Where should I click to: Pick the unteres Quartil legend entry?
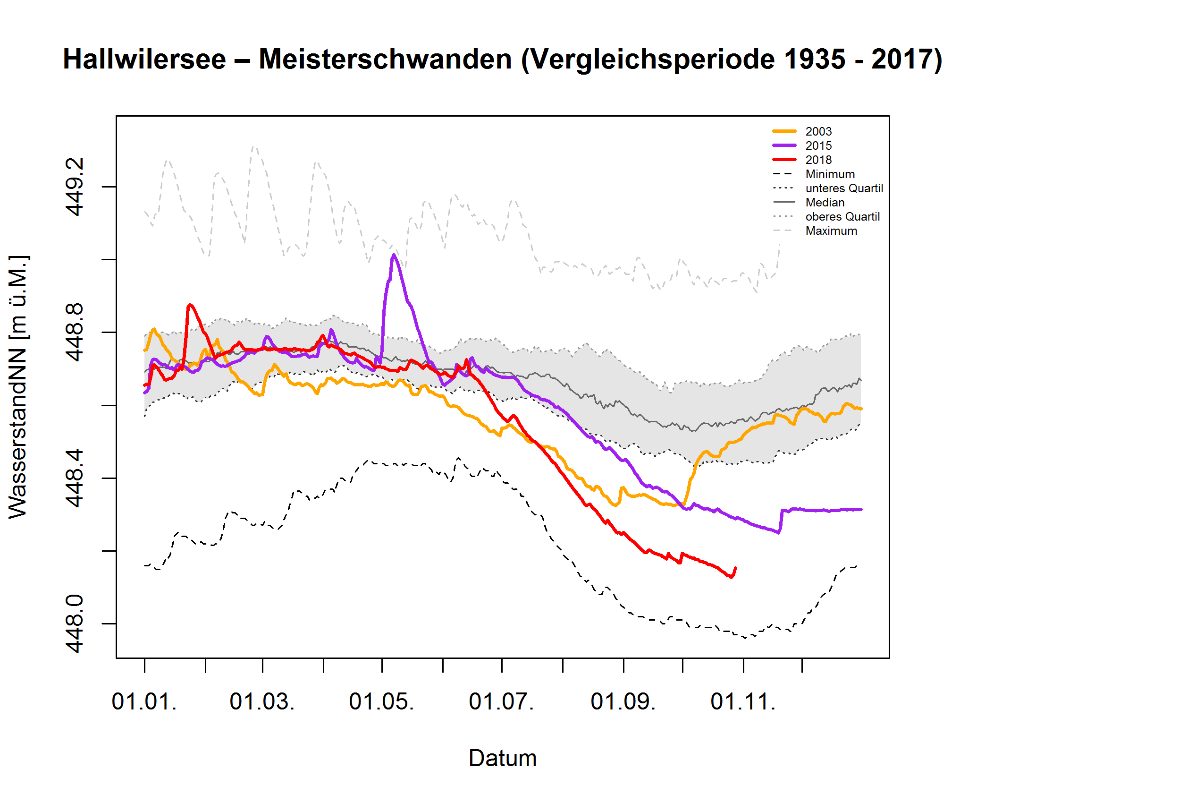pyautogui.click(x=843, y=188)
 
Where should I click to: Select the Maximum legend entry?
pyautogui.click(x=831, y=231)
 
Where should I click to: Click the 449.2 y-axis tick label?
pyautogui.click(x=74, y=187)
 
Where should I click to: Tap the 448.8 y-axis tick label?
pyautogui.click(x=74, y=333)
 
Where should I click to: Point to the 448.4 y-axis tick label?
pyautogui.click(x=74, y=478)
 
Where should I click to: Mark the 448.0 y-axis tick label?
pyautogui.click(x=74, y=624)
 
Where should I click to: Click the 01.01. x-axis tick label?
pyautogui.click(x=144, y=701)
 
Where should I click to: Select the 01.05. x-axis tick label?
pyautogui.click(x=381, y=701)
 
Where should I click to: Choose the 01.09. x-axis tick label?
pyautogui.click(x=623, y=701)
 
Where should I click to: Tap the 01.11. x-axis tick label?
pyautogui.click(x=743, y=701)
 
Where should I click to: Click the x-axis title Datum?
pyautogui.click(x=503, y=759)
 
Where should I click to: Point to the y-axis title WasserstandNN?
pyautogui.click(x=18, y=387)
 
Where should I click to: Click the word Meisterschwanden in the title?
pyautogui.click(x=385, y=60)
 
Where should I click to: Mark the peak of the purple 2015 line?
pyautogui.click(x=394, y=255)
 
